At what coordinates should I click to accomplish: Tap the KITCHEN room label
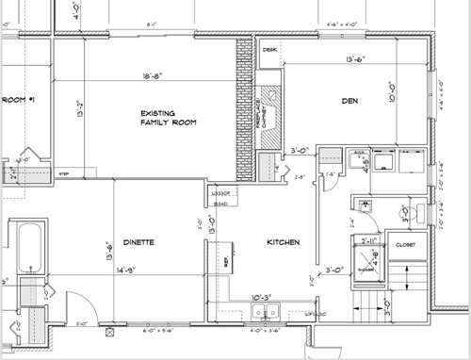point(282,243)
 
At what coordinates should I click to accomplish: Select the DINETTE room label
point(138,243)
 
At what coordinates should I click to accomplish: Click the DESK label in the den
point(269,49)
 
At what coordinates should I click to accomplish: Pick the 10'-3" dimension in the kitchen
point(259,298)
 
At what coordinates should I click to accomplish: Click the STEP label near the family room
point(64,173)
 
